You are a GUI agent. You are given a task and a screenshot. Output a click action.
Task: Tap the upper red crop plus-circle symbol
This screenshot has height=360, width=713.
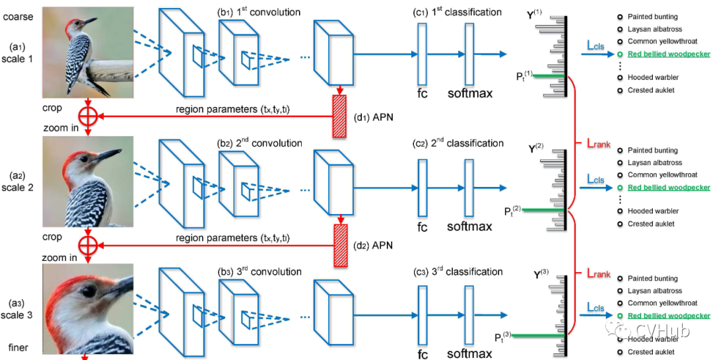[88, 116]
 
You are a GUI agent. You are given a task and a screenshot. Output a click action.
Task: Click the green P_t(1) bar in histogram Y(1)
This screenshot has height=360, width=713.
[549, 76]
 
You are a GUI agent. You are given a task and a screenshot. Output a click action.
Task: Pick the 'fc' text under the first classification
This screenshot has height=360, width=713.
[423, 94]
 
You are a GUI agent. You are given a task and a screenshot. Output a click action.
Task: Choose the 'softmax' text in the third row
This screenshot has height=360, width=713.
[469, 354]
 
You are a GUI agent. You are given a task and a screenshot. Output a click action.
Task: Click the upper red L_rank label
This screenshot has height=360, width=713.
[598, 143]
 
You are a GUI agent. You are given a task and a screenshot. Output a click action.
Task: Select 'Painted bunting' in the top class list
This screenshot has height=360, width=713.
[653, 17]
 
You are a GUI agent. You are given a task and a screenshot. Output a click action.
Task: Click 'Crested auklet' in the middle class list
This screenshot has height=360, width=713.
[651, 224]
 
